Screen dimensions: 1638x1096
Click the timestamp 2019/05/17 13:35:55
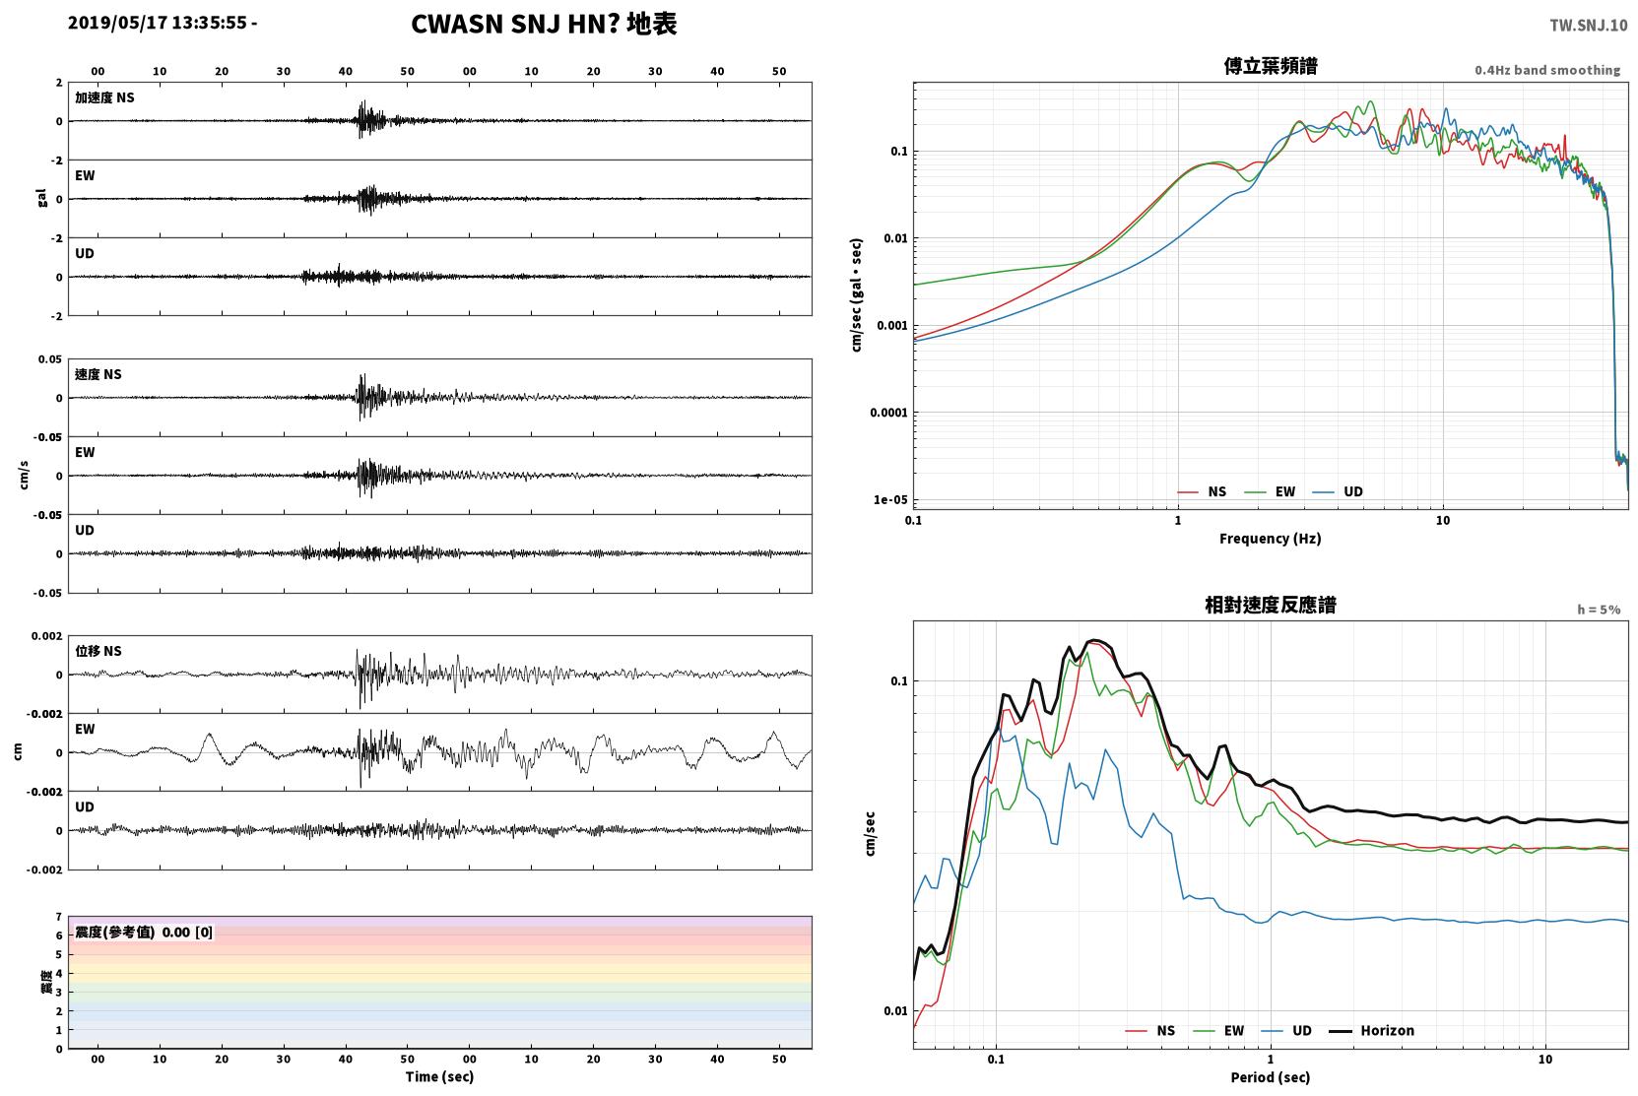[x=158, y=23]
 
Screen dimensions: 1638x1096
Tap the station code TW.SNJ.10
[x=1589, y=26]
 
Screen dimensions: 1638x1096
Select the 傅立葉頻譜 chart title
[x=1271, y=67]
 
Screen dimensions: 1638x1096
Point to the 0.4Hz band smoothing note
[x=1547, y=70]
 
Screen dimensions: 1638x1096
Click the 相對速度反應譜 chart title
[x=1271, y=605]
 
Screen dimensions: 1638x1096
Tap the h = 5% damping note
[x=1599, y=610]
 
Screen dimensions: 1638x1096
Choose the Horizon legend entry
[x=1371, y=1030]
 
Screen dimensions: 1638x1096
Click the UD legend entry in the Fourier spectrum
[x=1338, y=491]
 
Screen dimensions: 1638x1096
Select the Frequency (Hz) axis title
[x=1271, y=539]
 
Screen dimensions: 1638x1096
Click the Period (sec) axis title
[x=1271, y=1077]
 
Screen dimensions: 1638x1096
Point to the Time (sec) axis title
[x=439, y=1076]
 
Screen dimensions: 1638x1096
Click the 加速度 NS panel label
[x=104, y=97]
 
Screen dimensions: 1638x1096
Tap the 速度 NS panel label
[x=98, y=374]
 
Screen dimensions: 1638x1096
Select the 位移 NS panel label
[x=98, y=651]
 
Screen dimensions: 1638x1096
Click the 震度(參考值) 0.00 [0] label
[x=144, y=933]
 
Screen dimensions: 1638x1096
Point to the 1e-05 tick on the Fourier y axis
[x=890, y=500]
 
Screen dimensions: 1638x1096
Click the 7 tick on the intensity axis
[x=59, y=917]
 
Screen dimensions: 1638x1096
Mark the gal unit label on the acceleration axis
[x=41, y=198]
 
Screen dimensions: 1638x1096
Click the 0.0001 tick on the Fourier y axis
[x=888, y=414]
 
